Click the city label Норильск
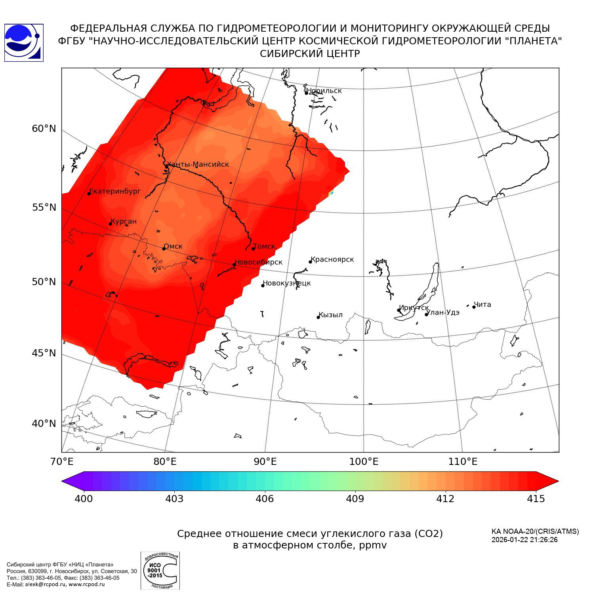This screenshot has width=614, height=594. tap(324, 91)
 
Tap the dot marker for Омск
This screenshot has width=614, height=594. tap(164, 249)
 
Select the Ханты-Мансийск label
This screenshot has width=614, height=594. tap(198, 164)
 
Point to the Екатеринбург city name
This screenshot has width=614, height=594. tap(115, 191)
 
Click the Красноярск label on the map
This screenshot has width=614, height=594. tap(332, 259)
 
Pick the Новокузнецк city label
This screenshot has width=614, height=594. tap(287, 283)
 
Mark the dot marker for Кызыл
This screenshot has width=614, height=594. tap(318, 317)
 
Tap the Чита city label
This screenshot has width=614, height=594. tap(482, 305)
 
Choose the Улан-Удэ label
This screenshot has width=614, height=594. tap(443, 312)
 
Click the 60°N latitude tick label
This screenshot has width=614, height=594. tap(44, 129)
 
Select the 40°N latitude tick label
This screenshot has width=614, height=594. tap(44, 424)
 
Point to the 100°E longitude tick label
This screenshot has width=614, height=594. tap(364, 462)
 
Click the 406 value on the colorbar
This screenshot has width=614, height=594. tap(265, 499)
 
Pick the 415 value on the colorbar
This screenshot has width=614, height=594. tap(536, 499)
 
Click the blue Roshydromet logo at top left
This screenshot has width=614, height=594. tap(24, 43)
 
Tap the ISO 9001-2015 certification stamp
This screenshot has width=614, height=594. tap(160, 570)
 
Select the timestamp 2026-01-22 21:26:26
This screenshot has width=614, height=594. tap(524, 540)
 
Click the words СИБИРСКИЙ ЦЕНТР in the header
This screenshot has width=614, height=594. tap(310, 54)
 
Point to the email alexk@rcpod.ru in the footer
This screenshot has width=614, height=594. tap(46, 584)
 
